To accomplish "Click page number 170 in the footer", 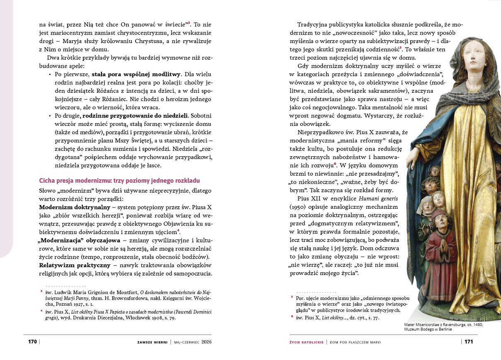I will [33, 342].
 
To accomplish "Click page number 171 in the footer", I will [468, 342].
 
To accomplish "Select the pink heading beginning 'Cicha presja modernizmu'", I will [119, 181].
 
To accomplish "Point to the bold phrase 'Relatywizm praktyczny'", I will [75, 265].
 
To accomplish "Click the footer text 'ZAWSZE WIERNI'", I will [152, 342].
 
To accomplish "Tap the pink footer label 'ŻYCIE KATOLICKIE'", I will [306, 342].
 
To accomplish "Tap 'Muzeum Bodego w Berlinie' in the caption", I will [428, 329].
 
